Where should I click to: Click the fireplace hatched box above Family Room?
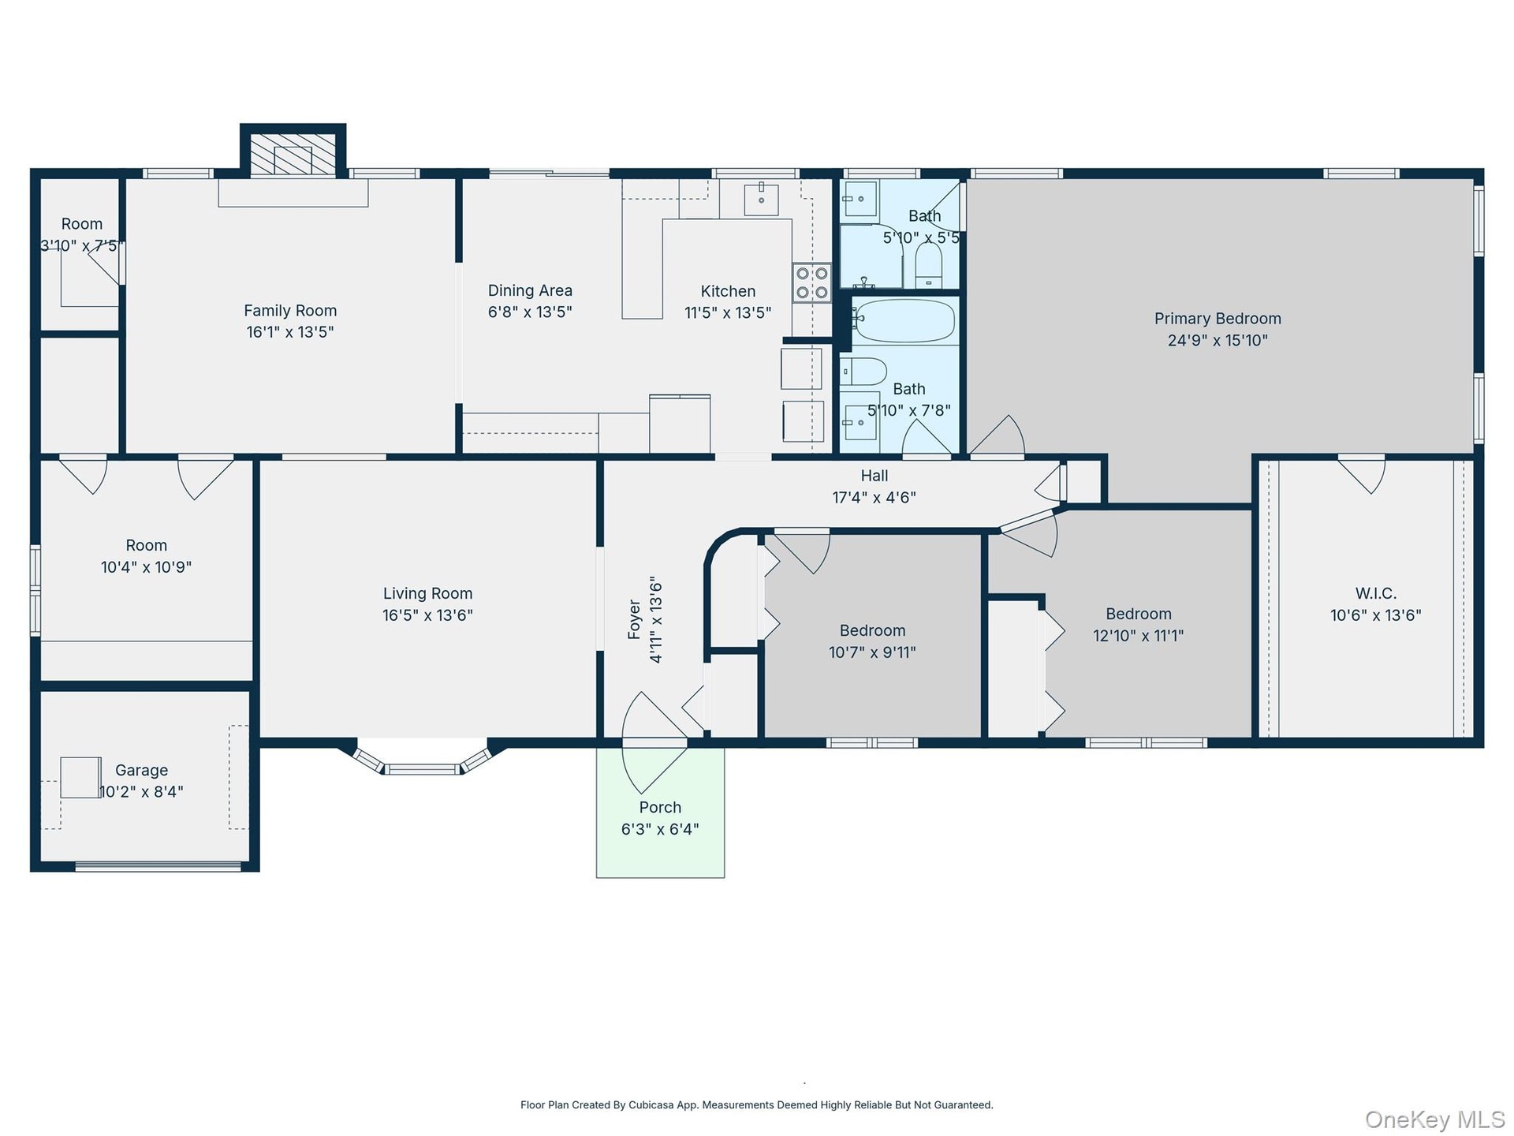pos(293,155)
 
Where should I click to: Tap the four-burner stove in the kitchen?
pos(811,283)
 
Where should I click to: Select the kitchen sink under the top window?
pos(761,200)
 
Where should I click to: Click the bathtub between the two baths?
pos(904,320)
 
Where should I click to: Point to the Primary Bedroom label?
pos(1218,319)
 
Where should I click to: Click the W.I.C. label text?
pos(1376,593)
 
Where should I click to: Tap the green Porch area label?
pos(660,807)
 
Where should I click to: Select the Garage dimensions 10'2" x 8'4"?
pos(142,791)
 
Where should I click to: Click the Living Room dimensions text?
pos(427,615)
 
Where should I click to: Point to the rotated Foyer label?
pos(635,619)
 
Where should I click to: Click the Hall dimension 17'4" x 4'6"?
pos(874,497)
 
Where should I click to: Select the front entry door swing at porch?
pos(654,742)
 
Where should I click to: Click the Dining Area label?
pos(530,290)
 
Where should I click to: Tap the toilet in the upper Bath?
pos(929,265)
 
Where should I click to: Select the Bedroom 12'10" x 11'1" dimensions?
pos(1138,635)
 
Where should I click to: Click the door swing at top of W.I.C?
pos(1362,473)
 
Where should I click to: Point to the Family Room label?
pos(290,311)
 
